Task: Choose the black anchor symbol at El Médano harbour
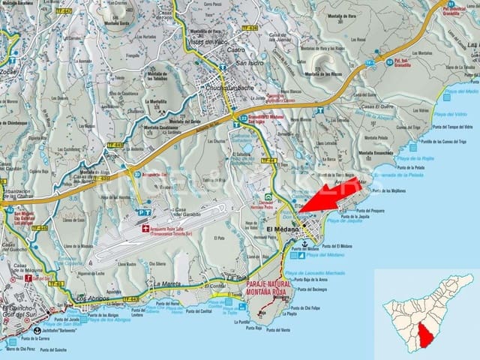tap(304, 244)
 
